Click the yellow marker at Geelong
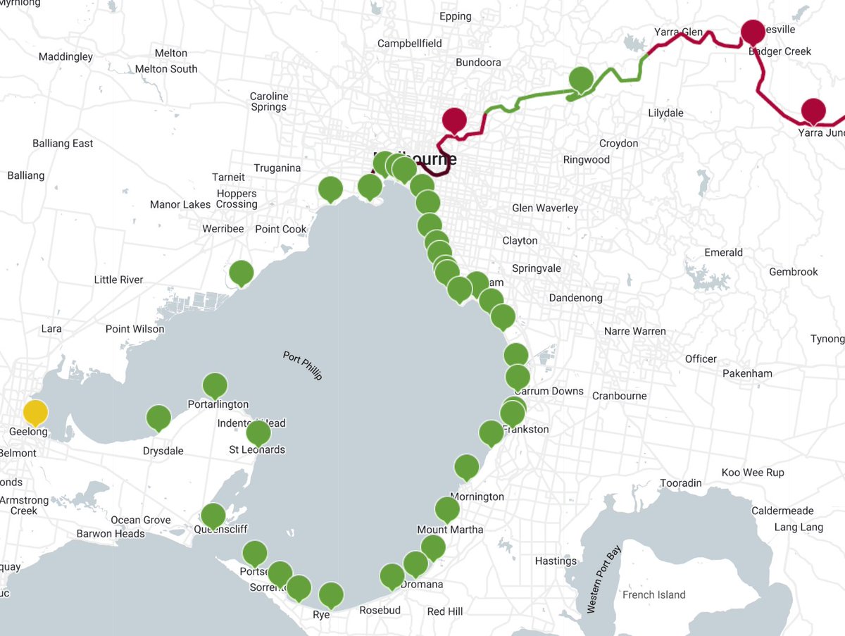tap(35, 412)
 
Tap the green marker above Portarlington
tap(215, 385)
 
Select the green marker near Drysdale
tap(158, 418)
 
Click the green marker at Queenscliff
tap(213, 516)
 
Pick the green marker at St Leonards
tap(258, 432)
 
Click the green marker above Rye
tap(331, 595)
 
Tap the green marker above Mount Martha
tap(447, 509)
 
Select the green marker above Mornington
tap(466, 466)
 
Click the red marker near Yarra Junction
tap(813, 111)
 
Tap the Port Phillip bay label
tap(302, 365)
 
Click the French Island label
tap(653, 594)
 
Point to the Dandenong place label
tap(577, 297)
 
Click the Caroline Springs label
tap(269, 101)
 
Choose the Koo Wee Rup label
tap(752, 472)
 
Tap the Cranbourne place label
tap(619, 395)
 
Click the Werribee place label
tap(223, 229)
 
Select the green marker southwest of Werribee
tap(242, 273)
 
